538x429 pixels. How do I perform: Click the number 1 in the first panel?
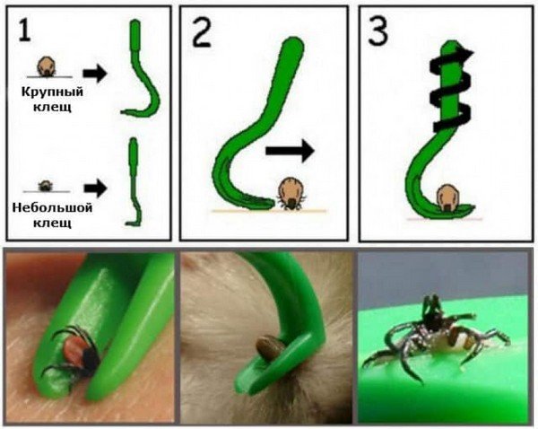(x=25, y=30)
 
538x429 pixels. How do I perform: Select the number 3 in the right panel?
(x=377, y=30)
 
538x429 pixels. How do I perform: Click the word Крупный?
(x=52, y=92)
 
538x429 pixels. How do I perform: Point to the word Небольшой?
(x=52, y=208)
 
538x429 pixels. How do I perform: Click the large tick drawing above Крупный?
(x=47, y=66)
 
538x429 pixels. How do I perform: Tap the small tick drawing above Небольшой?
(x=45, y=186)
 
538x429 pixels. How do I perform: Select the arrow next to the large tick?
(x=95, y=73)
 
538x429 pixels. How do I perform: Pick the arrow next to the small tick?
(x=95, y=188)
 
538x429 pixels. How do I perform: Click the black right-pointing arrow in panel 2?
(x=290, y=151)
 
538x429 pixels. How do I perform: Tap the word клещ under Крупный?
(x=52, y=107)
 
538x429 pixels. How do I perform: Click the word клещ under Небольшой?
(x=52, y=223)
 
